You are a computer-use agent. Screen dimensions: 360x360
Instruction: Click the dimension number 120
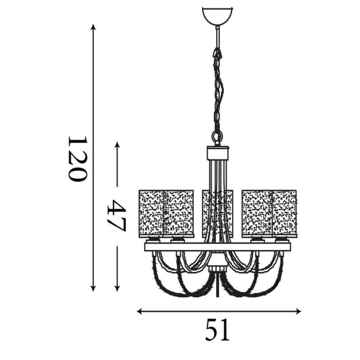tap(76, 158)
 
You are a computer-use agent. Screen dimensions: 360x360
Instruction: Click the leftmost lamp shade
tap(151, 212)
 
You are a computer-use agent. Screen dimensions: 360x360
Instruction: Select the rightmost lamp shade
tap(285, 212)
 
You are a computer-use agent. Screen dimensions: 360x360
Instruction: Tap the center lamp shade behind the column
tap(218, 211)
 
